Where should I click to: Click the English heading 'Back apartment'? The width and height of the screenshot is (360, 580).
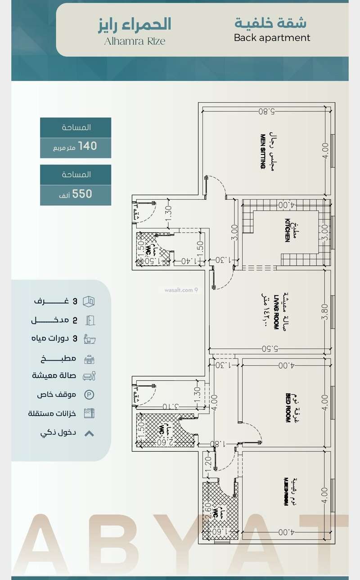tap(272, 38)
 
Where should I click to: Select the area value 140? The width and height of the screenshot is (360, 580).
tap(87, 146)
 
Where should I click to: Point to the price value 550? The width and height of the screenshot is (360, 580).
tap(82, 193)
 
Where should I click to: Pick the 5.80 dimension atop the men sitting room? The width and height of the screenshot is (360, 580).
tap(267, 111)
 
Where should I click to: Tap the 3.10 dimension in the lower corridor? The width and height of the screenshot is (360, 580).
tap(170, 406)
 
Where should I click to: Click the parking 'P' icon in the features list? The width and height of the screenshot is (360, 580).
tap(90, 395)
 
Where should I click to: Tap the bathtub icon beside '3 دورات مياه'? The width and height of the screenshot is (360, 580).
tap(90, 339)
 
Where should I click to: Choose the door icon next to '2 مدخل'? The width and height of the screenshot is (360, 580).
tap(90, 320)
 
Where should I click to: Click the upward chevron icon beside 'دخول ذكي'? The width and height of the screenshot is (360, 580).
tap(90, 434)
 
